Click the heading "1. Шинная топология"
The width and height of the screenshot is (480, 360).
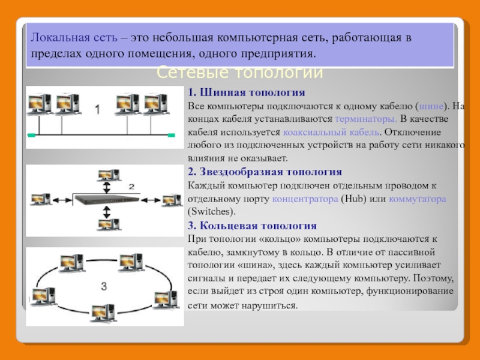coord(247,94)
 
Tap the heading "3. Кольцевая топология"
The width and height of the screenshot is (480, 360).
coord(252,226)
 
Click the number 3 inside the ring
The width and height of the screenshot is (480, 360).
coord(103,287)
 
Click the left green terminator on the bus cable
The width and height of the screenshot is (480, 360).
coord(31,136)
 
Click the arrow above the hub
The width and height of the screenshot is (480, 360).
coord(107,188)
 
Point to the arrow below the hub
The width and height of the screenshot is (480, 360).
coord(107,212)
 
